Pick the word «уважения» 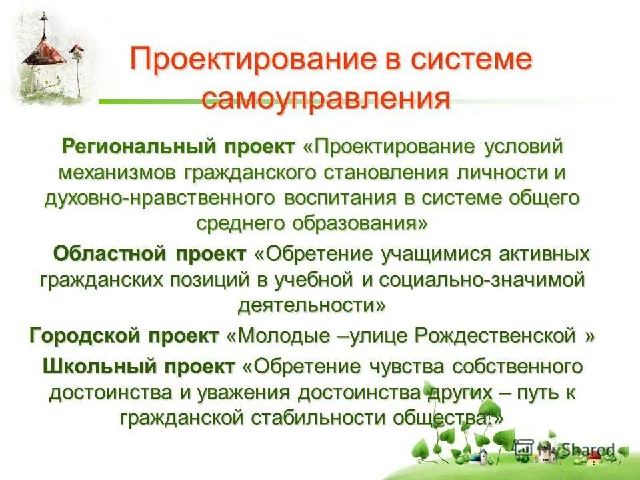click(x=245, y=391)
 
